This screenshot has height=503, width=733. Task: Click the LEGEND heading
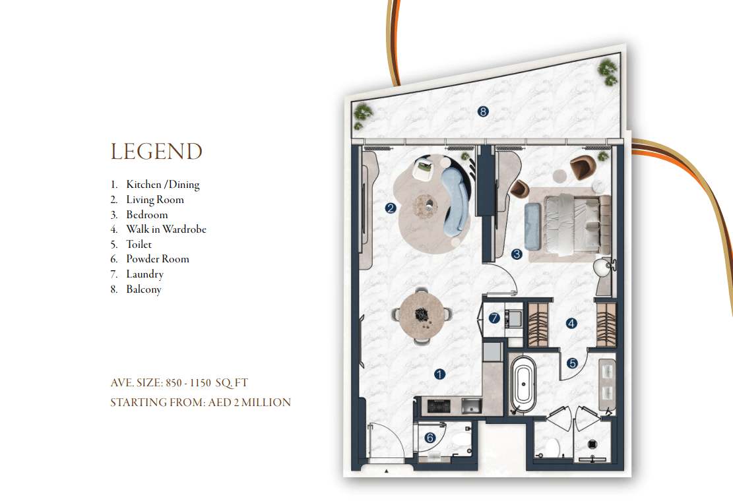tap(156, 152)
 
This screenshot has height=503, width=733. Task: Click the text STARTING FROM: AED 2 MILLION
tap(201, 402)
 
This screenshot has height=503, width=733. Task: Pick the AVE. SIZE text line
tap(179, 383)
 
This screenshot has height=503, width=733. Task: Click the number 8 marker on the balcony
tap(483, 111)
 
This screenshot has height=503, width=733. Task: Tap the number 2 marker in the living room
tap(391, 208)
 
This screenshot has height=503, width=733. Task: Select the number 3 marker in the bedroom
tap(517, 254)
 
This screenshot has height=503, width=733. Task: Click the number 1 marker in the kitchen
tap(439, 374)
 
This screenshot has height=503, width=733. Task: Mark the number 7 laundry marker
tap(494, 318)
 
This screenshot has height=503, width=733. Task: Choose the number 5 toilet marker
tap(572, 363)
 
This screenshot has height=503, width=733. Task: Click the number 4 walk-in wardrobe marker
tap(571, 323)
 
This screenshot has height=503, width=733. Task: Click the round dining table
tap(422, 316)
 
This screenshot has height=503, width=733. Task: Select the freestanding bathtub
tap(524, 385)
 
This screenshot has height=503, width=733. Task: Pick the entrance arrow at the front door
tap(386, 471)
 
